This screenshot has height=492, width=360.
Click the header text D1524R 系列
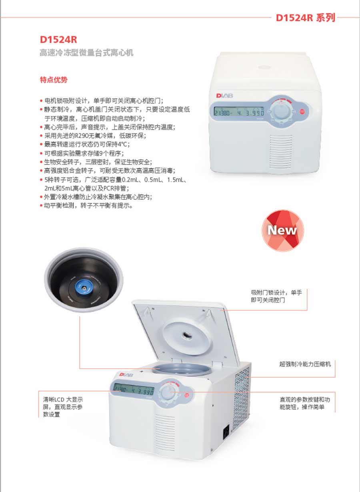point(305,18)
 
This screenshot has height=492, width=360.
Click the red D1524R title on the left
point(58,40)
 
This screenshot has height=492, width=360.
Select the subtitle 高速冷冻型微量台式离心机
point(86,53)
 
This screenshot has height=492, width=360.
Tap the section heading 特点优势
point(54,80)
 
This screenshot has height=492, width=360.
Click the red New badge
point(282,231)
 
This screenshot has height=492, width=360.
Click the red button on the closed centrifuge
point(302,112)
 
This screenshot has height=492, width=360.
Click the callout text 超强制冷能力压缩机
point(305,364)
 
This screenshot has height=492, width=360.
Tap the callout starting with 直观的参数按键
point(305,404)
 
